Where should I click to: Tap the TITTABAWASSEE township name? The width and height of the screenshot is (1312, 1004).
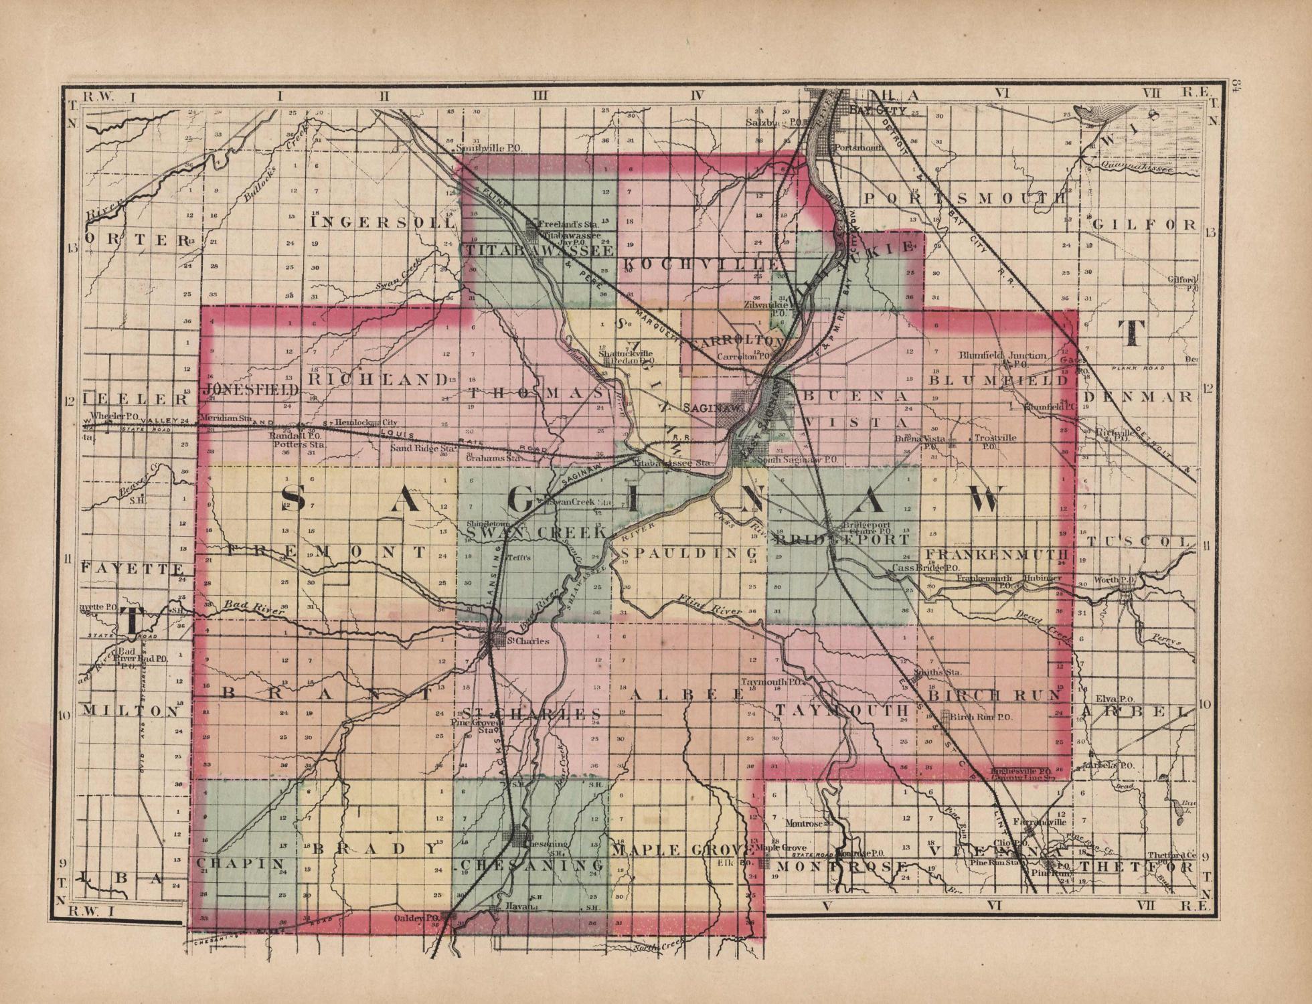539,250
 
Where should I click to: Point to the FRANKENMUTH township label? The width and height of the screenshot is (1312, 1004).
997,555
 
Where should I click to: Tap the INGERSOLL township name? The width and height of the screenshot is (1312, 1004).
384,222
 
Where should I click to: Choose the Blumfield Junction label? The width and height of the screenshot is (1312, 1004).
1002,355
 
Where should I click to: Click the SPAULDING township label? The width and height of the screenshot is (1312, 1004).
689,554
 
